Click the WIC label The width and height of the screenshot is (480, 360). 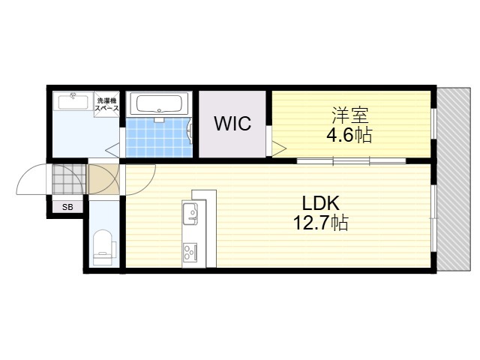[232, 123]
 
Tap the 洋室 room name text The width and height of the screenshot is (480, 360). [350, 115]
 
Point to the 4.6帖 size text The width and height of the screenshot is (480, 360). [349, 135]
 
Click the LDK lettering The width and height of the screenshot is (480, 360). [320, 203]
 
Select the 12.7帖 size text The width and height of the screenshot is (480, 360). [320, 223]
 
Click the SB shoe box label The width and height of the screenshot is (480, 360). [67, 207]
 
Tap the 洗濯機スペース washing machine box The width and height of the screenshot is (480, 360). [106, 104]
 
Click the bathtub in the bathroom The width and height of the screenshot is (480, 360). [158, 104]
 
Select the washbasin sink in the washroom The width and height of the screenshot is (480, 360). [73, 101]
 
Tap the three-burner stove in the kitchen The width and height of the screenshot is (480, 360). [190, 252]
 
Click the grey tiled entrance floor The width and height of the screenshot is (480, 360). [68, 179]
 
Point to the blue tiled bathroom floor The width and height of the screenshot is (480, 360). [158, 137]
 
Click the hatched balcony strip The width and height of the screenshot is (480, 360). [453, 179]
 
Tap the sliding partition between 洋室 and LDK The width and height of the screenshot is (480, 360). [351, 160]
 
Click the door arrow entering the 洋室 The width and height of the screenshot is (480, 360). [279, 149]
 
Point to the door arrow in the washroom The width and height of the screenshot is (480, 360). [112, 150]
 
